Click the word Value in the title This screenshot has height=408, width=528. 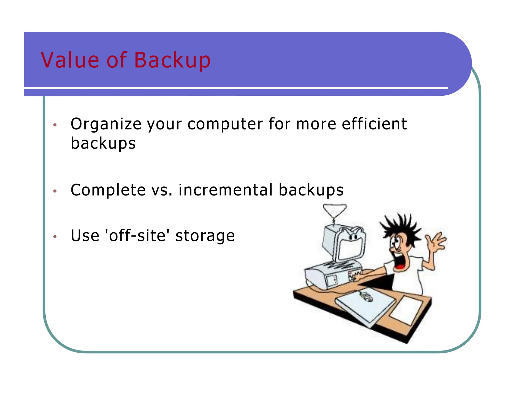coord(70,60)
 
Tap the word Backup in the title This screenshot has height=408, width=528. coord(172,61)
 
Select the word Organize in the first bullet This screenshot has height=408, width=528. coord(106,124)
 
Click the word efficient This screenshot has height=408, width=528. coord(374,124)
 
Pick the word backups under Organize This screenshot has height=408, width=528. coord(103,143)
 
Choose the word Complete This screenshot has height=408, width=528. coord(108,190)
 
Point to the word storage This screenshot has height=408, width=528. coord(205,236)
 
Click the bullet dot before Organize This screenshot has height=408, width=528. coord(55,125)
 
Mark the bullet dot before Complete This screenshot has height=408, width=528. coord(55,191)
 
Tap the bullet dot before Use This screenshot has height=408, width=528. coord(55,236)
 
